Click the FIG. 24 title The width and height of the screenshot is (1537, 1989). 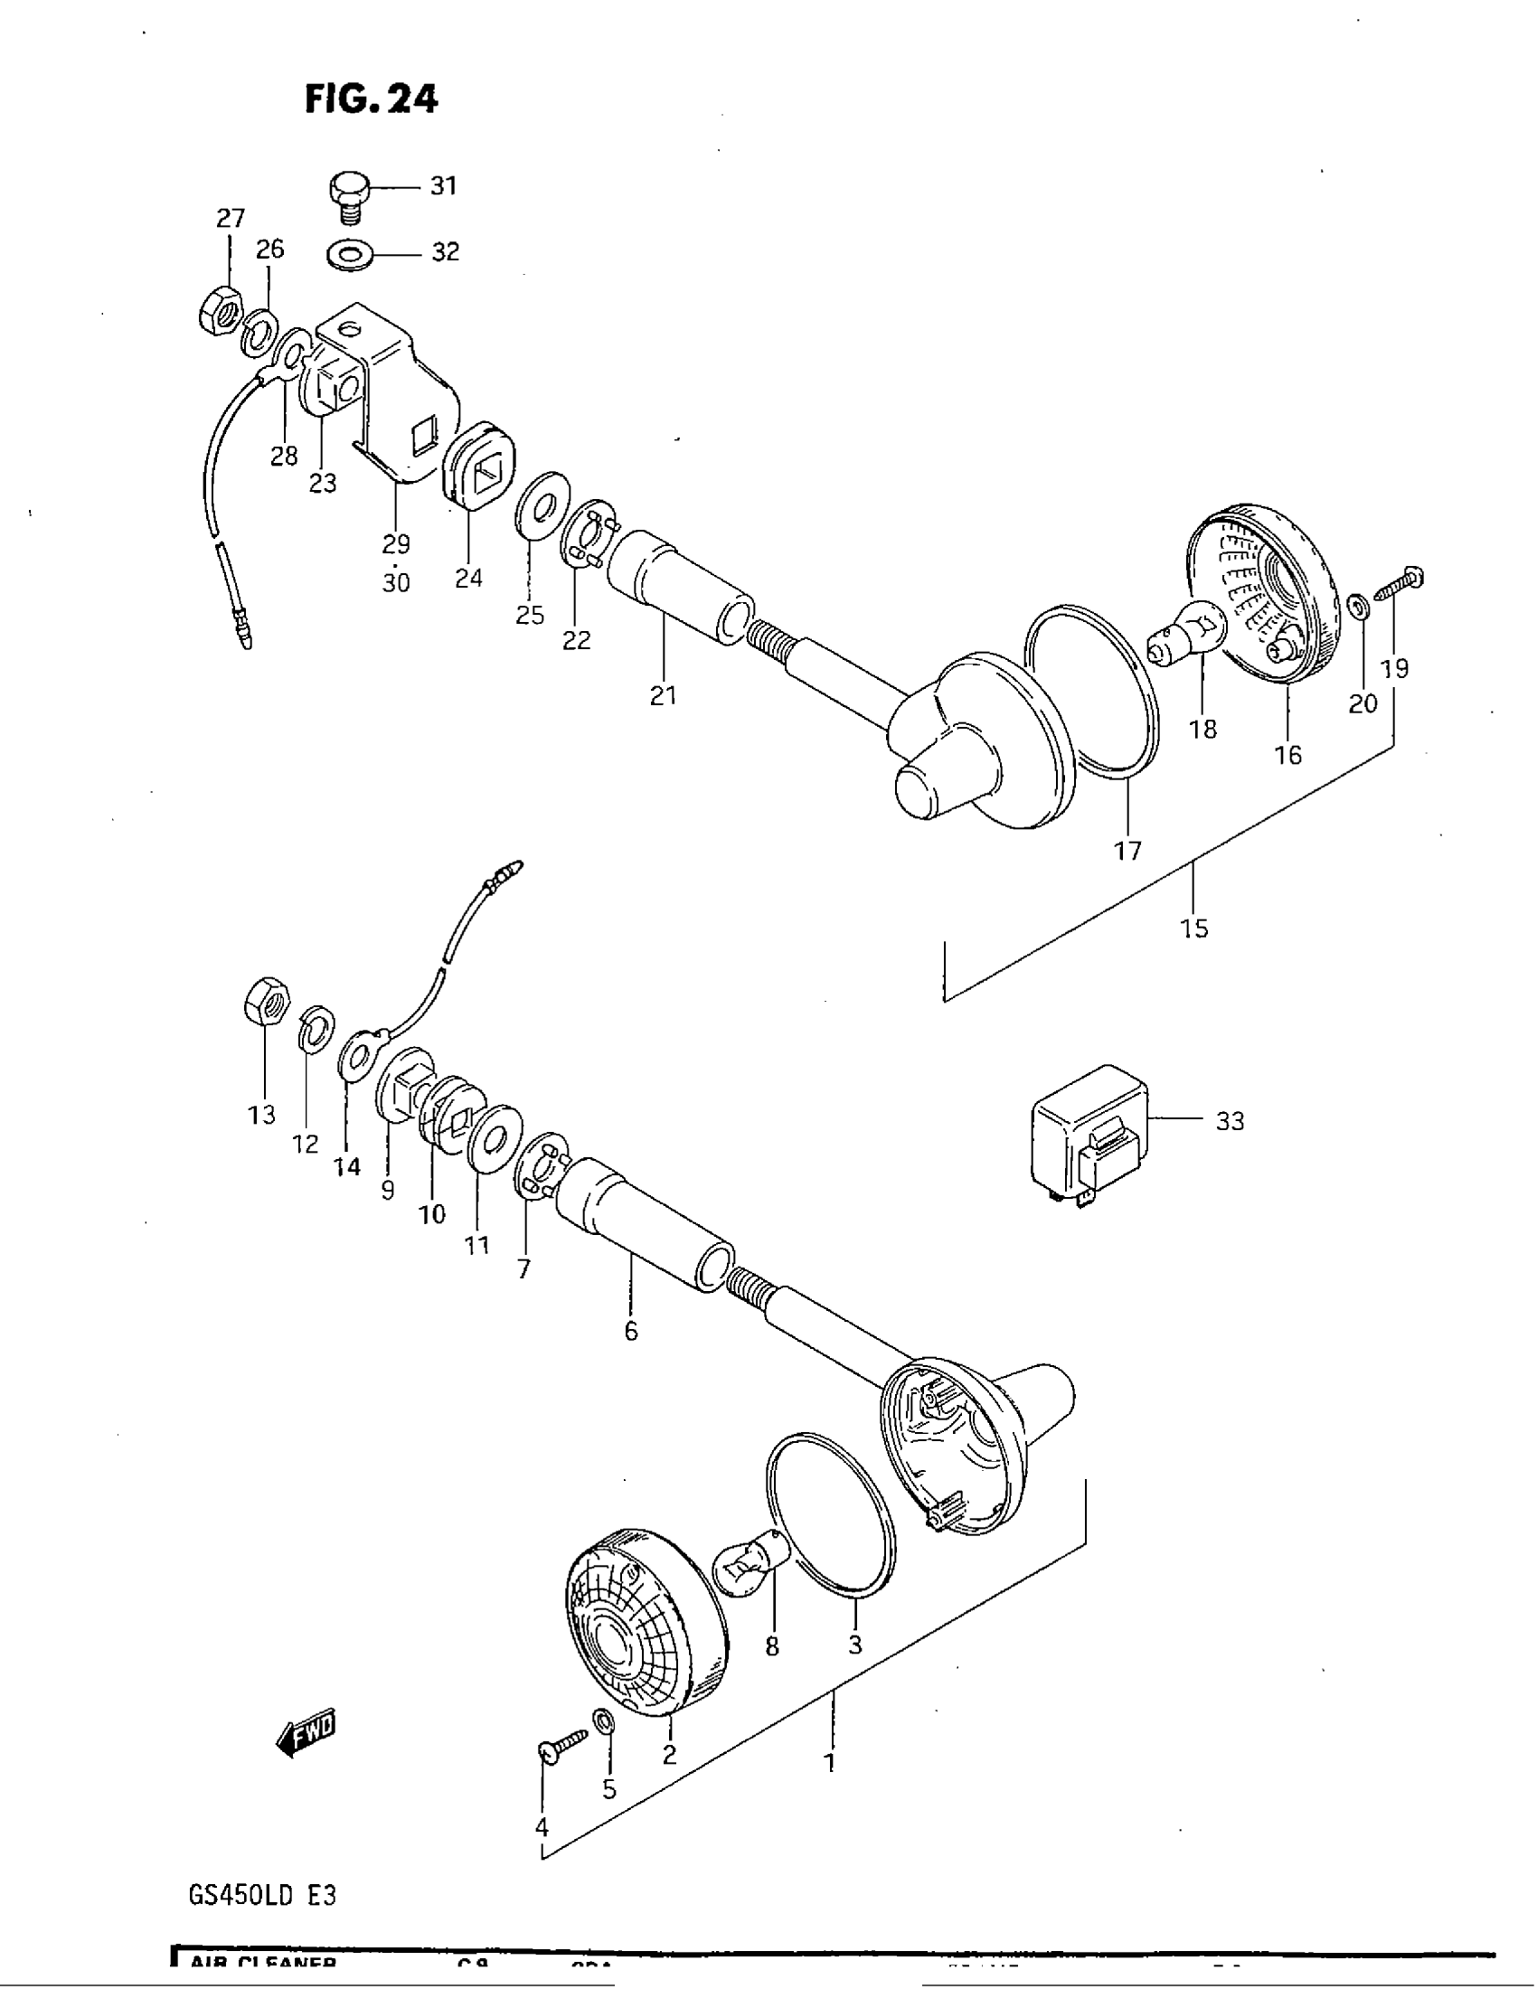371,99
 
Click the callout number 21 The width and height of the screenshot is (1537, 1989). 663,696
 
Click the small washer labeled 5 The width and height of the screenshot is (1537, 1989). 603,1720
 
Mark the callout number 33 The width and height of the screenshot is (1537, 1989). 1230,1121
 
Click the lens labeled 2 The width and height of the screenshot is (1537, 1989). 646,1621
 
